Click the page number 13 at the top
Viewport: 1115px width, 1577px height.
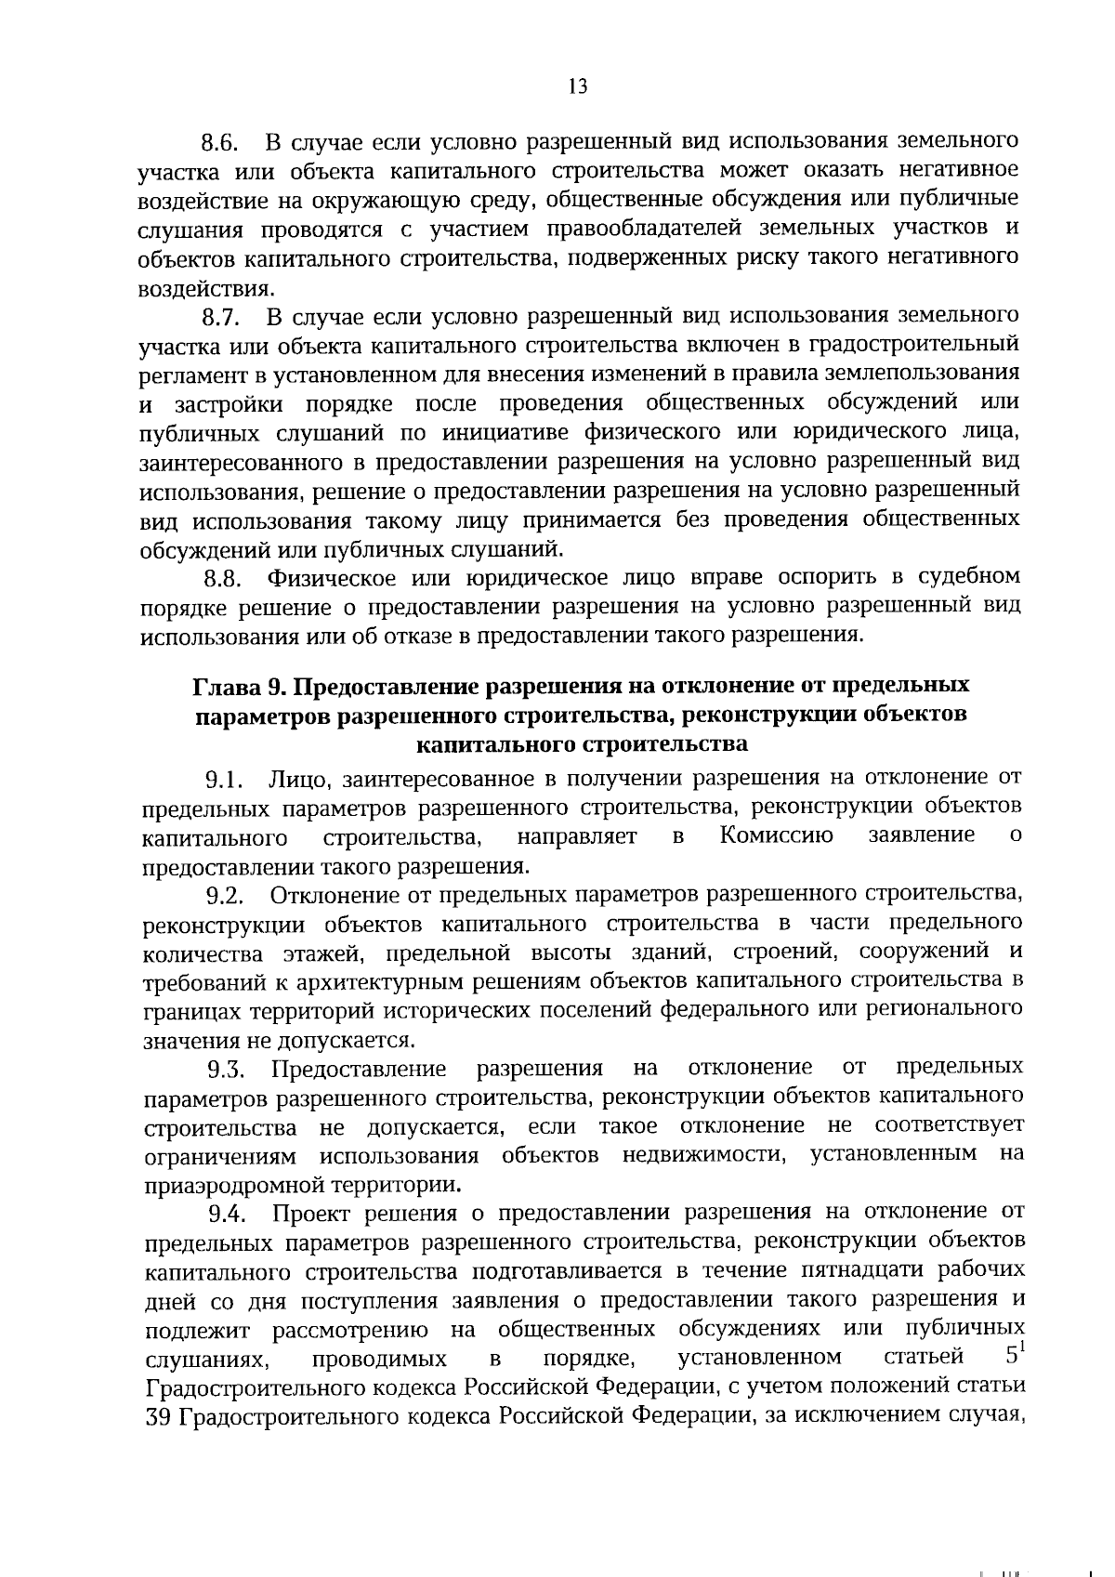click(x=577, y=86)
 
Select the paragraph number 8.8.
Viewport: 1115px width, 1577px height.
click(x=222, y=580)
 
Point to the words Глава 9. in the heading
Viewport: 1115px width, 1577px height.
click(x=236, y=686)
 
